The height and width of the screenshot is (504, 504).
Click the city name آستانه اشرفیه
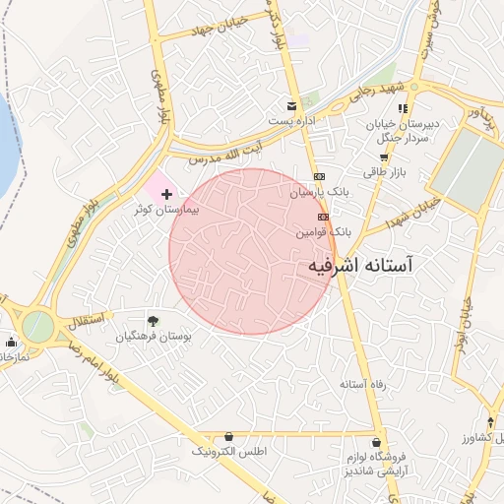tap(361, 266)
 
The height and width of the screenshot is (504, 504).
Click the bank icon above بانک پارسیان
tap(318, 177)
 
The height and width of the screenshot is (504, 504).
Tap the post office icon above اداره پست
tap(290, 105)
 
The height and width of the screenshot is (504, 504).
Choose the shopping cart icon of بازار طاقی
tap(384, 157)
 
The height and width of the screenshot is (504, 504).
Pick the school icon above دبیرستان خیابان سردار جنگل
tap(402, 106)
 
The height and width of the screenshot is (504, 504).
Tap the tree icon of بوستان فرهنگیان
tap(153, 320)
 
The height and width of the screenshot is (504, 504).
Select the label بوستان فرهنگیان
tap(153, 337)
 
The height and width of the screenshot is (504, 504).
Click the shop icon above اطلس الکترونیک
tap(229, 435)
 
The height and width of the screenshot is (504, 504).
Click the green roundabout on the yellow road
tap(37, 326)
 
